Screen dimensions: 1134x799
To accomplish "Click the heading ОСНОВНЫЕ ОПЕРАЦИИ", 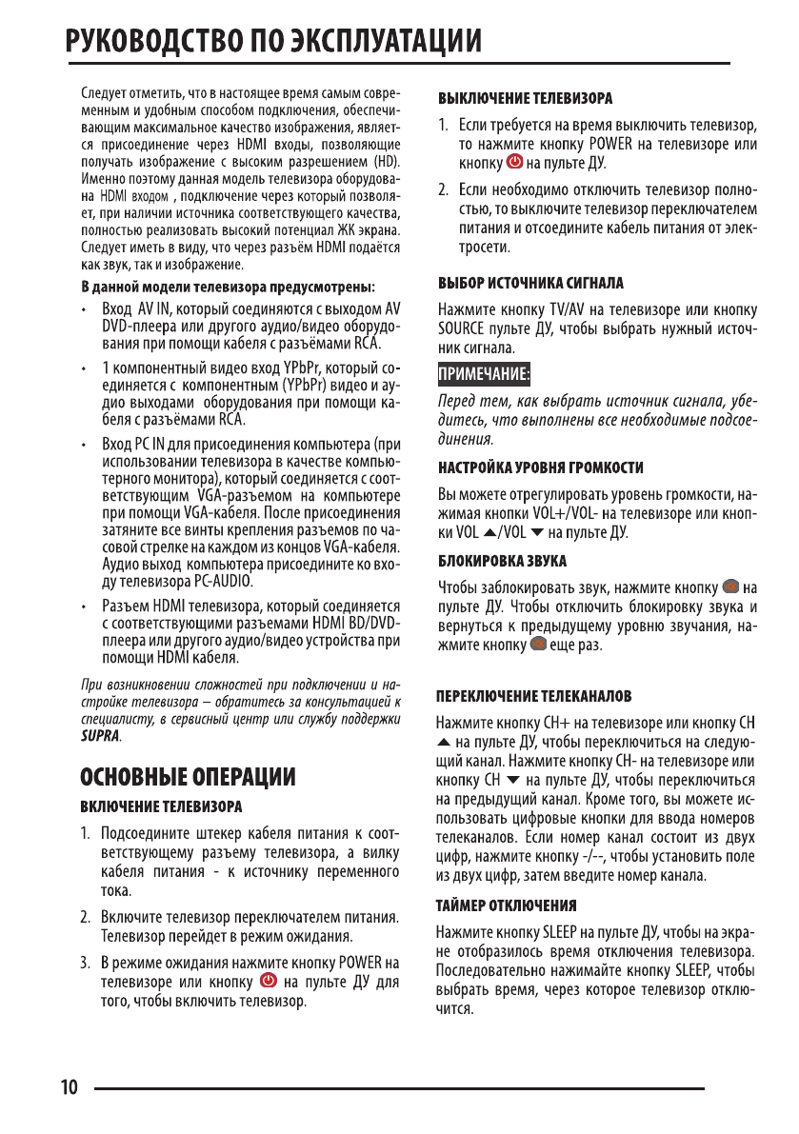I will click(x=189, y=777).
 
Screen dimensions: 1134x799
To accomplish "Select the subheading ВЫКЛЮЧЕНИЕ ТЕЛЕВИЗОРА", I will click(x=524, y=98).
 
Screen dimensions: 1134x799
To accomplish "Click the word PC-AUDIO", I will click(x=222, y=580).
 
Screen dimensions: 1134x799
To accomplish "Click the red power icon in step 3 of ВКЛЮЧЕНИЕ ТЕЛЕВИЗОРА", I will click(x=269, y=983).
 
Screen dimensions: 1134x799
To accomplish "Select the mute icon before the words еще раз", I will click(x=537, y=646).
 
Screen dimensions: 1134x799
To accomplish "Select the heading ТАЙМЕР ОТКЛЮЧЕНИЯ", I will click(x=506, y=903).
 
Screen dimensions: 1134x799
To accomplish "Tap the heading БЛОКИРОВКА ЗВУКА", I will click(x=502, y=560).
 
